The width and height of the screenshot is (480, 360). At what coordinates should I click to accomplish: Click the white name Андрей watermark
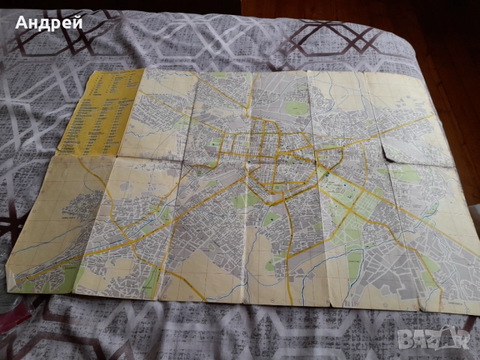(48, 22)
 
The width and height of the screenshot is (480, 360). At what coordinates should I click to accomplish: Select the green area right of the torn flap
(409, 173)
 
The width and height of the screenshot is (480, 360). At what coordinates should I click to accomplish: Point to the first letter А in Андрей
(22, 22)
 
